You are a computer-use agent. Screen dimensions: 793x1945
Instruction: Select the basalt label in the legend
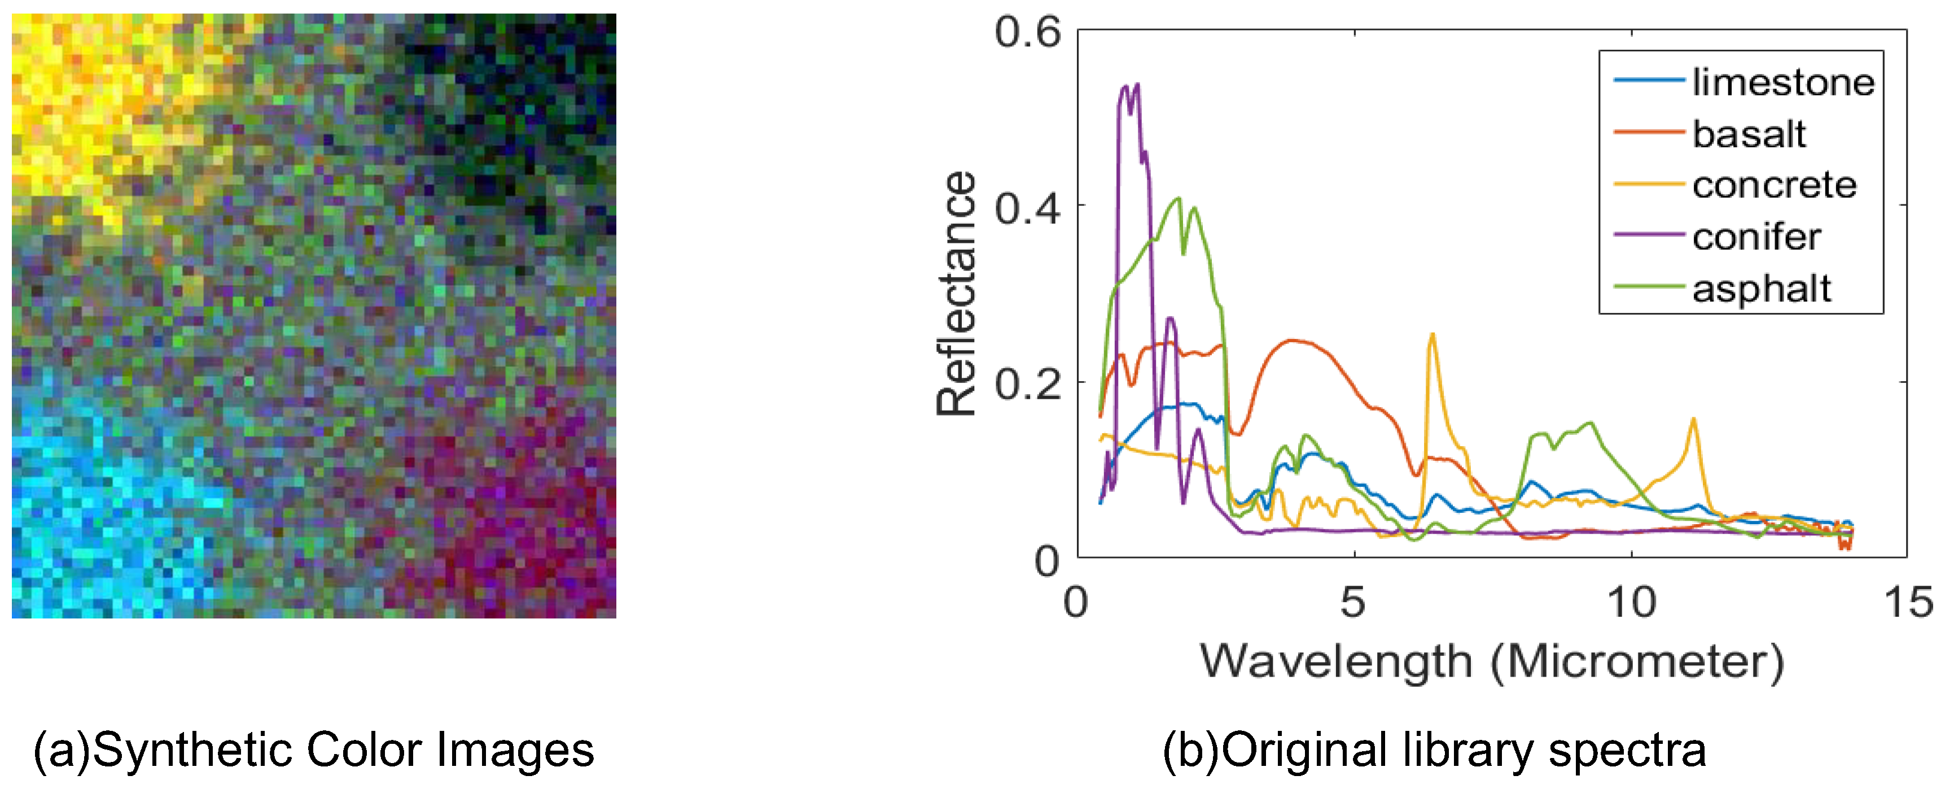point(1749,134)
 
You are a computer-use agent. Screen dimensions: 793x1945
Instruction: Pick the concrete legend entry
point(1773,185)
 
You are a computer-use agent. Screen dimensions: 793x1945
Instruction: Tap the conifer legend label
point(1756,237)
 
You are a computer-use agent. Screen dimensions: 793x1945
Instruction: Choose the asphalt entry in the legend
point(1761,289)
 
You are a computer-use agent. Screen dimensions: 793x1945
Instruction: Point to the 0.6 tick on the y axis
point(1028,32)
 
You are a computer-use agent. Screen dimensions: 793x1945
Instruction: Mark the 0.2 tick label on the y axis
point(1028,384)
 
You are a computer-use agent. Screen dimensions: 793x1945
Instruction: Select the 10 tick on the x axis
point(1631,602)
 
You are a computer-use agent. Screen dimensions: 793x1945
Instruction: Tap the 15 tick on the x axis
point(1908,602)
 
